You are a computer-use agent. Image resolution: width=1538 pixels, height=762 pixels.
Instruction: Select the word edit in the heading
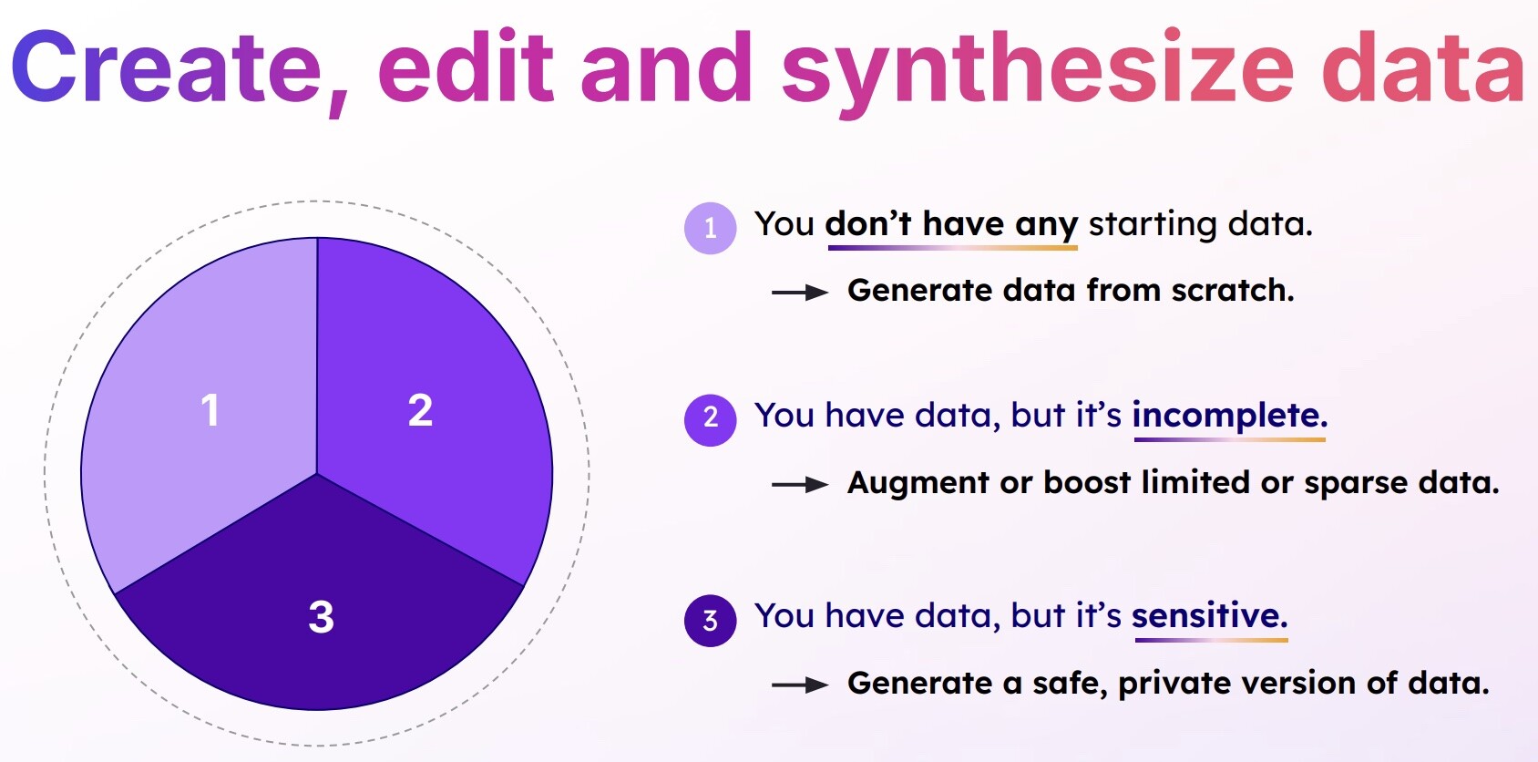466,66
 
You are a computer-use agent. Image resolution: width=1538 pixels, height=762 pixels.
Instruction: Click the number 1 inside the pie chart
210,410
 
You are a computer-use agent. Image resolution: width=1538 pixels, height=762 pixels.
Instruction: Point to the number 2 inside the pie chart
420,410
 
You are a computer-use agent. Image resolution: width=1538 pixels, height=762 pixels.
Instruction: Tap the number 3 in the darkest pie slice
322,616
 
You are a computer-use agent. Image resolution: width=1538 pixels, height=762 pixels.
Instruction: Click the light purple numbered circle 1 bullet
710,228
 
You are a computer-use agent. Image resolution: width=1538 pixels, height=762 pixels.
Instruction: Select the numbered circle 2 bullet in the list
710,420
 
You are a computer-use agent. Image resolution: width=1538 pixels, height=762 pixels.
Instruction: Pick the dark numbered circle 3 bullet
710,620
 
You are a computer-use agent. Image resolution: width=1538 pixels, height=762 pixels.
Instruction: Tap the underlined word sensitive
1210,615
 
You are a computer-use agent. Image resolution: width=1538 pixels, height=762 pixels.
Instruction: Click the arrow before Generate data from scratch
800,293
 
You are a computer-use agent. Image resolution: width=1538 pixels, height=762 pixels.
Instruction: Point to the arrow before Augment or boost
800,485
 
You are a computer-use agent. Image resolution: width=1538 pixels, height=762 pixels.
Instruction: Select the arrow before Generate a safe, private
800,685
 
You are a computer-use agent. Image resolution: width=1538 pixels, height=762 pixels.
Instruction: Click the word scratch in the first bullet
1233,290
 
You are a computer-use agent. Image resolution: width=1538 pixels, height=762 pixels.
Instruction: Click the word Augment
918,484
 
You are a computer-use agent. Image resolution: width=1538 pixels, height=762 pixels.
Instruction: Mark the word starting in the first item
1153,225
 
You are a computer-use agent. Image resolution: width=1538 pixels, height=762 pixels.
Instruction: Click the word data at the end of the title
1423,67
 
